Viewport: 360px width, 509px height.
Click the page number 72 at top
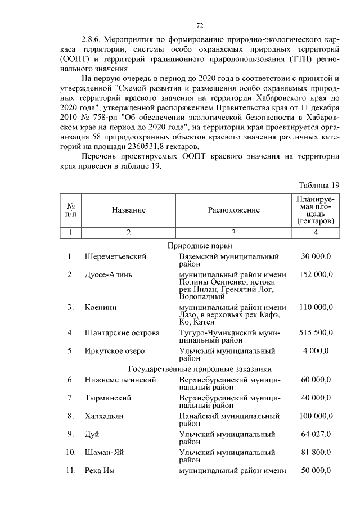coord(199,26)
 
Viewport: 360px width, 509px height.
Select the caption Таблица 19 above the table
coord(319,185)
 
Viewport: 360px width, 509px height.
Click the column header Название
coord(128,210)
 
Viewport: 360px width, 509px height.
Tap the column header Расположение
coord(233,210)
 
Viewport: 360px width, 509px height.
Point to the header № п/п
coord(71,210)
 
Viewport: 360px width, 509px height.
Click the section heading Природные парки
coord(200,245)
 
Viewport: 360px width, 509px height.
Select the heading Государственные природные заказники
coord(200,369)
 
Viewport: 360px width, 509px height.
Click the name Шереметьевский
coord(115,256)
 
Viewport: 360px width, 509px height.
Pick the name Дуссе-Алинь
coord(108,274)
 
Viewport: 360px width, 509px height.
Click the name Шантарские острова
coord(121,332)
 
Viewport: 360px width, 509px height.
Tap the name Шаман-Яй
coord(105,452)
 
